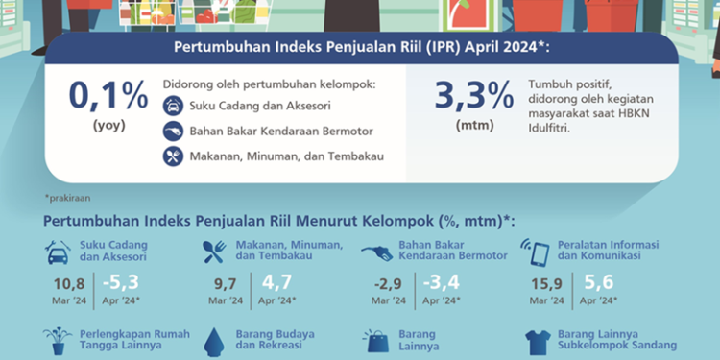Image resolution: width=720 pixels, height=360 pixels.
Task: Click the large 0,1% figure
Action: [108, 96]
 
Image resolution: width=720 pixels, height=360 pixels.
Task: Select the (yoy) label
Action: [108, 126]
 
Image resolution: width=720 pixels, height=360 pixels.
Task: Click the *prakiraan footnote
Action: [66, 198]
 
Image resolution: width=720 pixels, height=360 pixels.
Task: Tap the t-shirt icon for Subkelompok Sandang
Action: [538, 341]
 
